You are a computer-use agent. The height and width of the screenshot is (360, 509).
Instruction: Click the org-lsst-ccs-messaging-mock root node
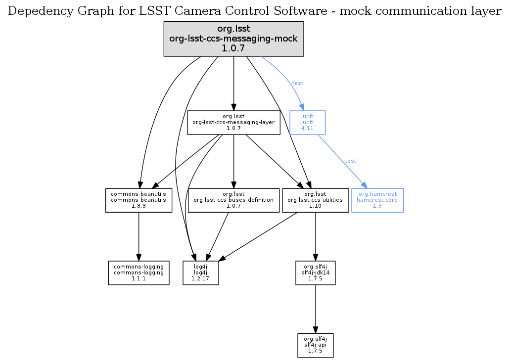(233, 39)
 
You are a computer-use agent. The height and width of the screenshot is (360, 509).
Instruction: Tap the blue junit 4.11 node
(307, 122)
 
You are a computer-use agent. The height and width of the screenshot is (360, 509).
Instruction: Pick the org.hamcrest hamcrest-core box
(377, 200)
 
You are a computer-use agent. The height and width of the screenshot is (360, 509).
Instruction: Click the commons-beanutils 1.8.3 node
(139, 200)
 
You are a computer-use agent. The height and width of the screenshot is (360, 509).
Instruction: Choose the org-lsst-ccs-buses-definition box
(234, 200)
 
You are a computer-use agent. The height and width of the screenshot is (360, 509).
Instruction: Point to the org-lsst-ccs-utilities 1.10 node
(315, 200)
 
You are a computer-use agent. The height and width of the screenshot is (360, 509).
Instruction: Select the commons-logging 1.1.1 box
(139, 272)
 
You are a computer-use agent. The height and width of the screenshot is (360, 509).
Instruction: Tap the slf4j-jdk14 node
(315, 272)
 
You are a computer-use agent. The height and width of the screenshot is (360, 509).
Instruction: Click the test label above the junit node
(298, 83)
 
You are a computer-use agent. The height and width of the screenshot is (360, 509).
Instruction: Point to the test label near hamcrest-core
(351, 161)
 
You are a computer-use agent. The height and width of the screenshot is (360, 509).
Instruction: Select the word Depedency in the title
(37, 11)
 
